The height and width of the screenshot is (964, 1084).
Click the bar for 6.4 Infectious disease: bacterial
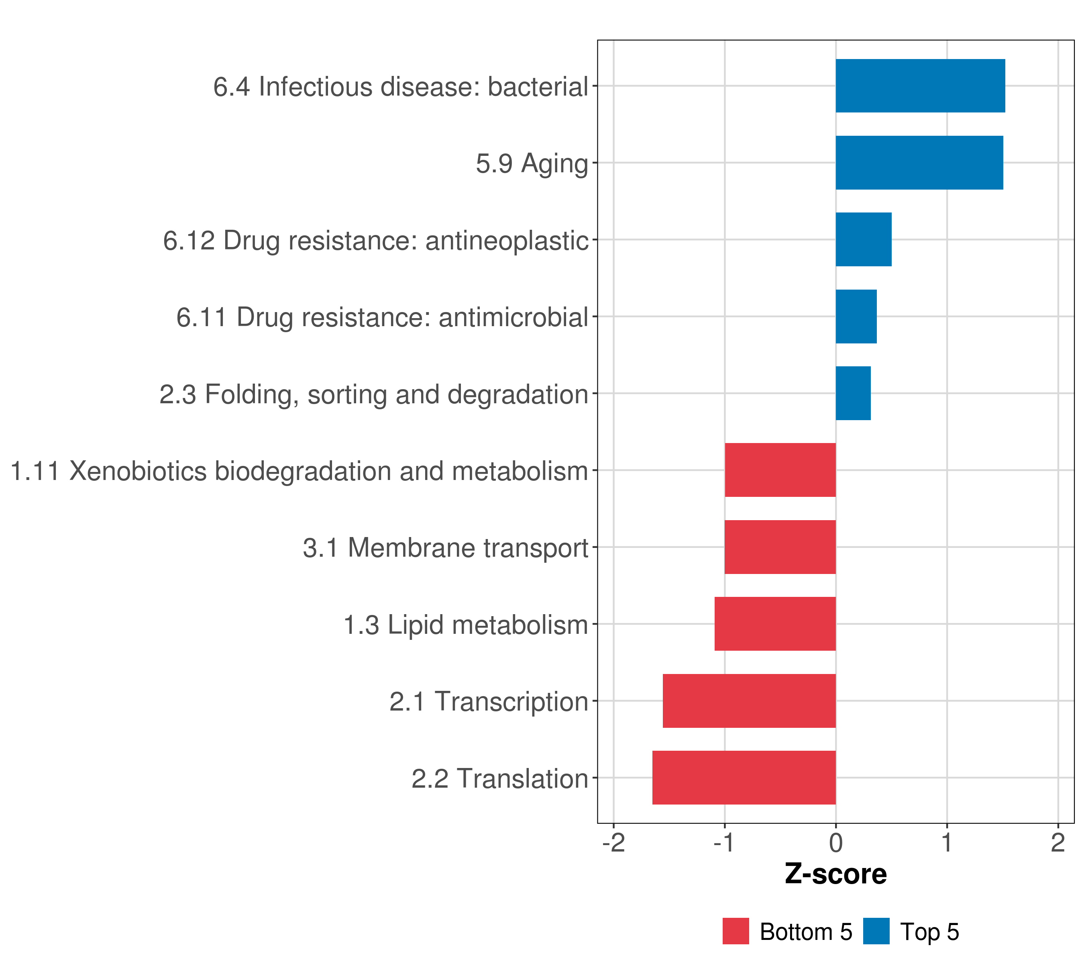pyautogui.click(x=920, y=86)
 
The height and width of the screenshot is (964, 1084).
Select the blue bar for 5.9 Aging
pyautogui.click(x=919, y=163)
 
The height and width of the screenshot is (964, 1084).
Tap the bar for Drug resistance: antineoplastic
pyautogui.click(x=863, y=239)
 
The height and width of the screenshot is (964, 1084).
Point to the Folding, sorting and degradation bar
pyautogui.click(x=853, y=393)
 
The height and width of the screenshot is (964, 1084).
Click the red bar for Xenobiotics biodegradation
pyautogui.click(x=780, y=470)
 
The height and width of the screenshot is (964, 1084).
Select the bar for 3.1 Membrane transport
pyautogui.click(x=780, y=547)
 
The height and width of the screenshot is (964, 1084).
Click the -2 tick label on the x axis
pyautogui.click(x=613, y=843)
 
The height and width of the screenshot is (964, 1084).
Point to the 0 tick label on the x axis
pyautogui.click(x=836, y=843)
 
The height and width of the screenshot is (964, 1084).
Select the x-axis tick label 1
pyautogui.click(x=947, y=843)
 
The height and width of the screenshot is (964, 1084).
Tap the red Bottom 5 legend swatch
pyautogui.click(x=736, y=931)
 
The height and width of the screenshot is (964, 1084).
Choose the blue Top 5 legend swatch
pyautogui.click(x=876, y=931)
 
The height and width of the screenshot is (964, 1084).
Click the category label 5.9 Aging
pyautogui.click(x=532, y=163)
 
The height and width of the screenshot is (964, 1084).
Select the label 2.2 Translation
pyautogui.click(x=499, y=779)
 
